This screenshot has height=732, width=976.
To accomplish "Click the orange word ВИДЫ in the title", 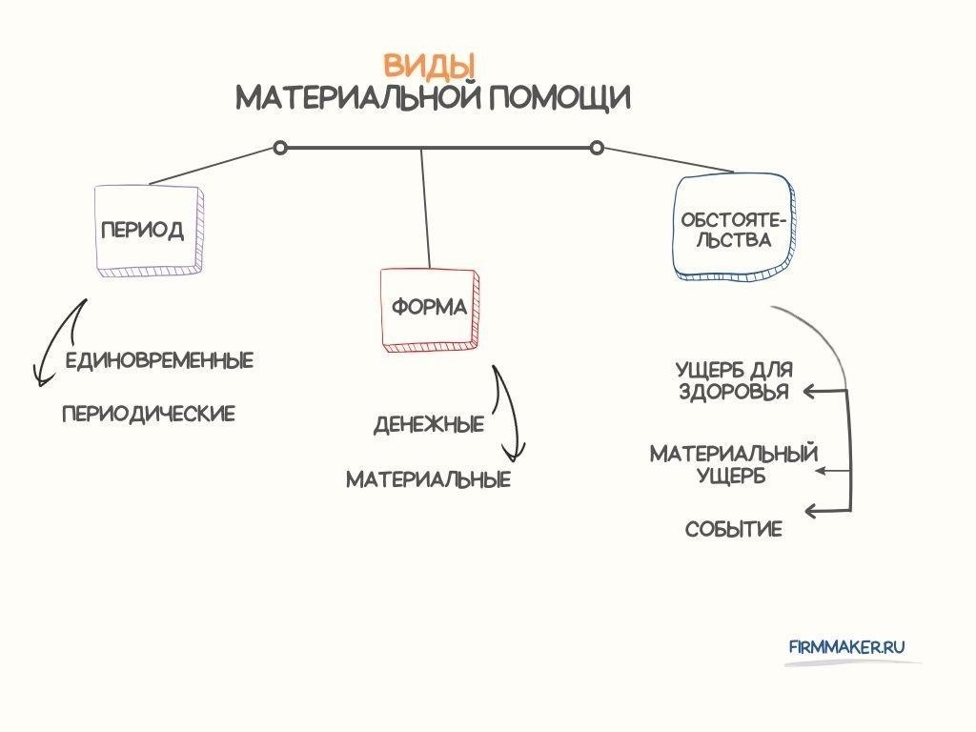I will click(429, 66).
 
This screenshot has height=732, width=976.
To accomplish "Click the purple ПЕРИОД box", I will click(149, 231).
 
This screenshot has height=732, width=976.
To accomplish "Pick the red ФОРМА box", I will click(429, 308).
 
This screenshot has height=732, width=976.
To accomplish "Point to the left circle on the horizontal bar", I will click(279, 148).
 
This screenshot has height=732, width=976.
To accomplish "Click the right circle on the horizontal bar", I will click(597, 148).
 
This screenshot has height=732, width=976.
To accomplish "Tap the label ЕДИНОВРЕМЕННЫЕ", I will click(159, 361).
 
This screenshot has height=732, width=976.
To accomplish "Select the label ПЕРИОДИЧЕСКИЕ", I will click(148, 414).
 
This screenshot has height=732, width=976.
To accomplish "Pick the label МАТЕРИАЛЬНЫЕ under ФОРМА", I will click(428, 479).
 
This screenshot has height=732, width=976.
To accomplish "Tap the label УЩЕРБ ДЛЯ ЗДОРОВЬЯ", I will click(734, 380).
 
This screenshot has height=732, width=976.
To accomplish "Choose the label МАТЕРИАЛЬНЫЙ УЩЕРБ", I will click(734, 463).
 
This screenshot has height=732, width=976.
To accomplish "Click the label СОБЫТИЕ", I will click(734, 530).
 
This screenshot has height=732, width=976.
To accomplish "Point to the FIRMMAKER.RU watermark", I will click(846, 646).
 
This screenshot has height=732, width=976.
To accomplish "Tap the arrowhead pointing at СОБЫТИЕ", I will click(812, 511).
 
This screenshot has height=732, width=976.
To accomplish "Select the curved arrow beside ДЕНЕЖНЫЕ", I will click(508, 415).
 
